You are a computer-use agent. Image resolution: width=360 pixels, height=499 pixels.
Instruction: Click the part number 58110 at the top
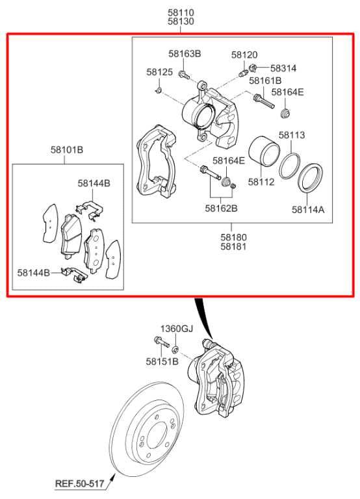coord(181,12)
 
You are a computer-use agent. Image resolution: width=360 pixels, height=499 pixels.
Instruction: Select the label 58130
coord(181,21)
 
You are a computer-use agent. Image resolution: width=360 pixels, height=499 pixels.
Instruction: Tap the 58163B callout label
coord(185,53)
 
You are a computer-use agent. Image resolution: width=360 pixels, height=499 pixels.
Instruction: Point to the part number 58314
coord(283,68)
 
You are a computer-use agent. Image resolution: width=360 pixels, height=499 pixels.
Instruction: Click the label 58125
coord(159,72)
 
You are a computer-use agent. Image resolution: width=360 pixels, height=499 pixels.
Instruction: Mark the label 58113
coord(292,135)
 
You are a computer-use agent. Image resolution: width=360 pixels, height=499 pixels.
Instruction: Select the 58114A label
coord(307,209)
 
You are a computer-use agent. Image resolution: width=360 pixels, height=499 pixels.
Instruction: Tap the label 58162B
coord(221,209)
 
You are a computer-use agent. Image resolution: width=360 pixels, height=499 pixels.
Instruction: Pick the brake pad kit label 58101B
coord(67,150)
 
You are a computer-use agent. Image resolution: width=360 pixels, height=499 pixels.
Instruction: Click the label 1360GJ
coord(177,328)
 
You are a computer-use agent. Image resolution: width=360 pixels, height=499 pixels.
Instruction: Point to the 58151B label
coord(161,361)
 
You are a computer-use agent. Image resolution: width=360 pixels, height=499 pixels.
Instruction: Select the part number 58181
coord(233,247)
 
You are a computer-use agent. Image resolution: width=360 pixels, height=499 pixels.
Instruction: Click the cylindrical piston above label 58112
coord(264,156)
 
